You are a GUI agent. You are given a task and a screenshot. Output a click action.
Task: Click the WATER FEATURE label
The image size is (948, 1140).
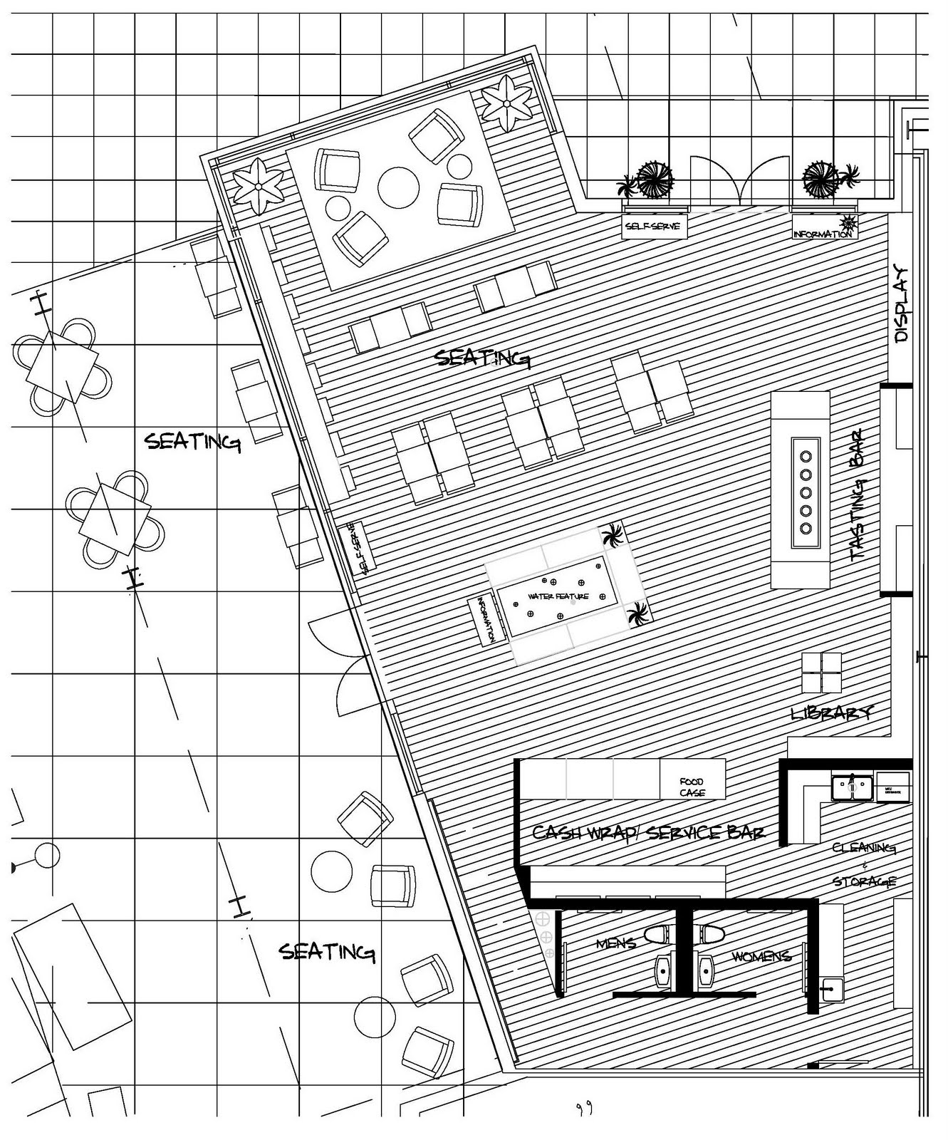coord(558,596)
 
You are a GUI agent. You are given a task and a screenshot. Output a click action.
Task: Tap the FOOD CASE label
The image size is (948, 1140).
coord(692,787)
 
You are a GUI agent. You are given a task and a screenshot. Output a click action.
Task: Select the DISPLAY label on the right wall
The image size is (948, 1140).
coord(901,304)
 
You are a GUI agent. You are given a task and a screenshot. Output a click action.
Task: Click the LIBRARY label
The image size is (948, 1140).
coord(831,712)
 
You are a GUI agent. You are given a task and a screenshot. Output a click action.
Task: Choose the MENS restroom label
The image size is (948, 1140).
coord(615,944)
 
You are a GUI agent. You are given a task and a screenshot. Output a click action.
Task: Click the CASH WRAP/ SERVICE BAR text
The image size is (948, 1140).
coord(648,832)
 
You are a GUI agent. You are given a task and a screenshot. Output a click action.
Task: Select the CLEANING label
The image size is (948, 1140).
coord(863,848)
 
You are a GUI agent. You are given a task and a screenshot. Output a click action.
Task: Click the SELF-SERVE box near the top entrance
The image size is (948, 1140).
coord(653,227)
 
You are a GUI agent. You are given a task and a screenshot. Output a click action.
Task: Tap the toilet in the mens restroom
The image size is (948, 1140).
coord(658,933)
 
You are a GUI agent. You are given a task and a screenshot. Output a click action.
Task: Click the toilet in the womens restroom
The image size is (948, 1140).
coord(712,933)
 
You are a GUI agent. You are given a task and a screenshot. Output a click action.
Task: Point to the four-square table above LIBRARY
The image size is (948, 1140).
coord(821,672)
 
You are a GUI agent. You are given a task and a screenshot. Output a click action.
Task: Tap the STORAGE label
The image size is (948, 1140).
coord(864,881)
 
